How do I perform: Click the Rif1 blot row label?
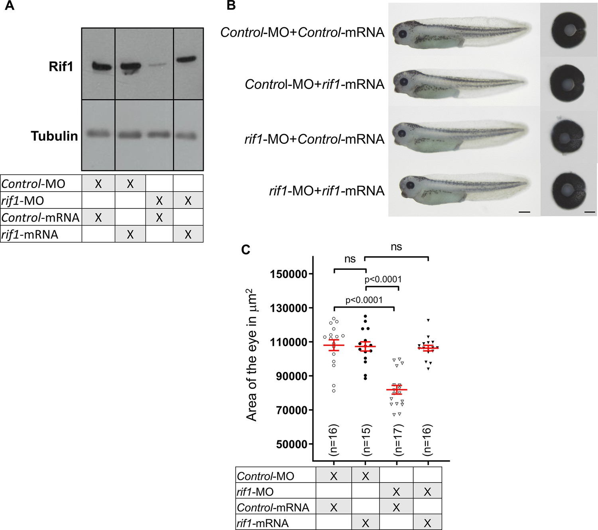(61, 66)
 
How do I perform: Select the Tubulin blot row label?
(55, 136)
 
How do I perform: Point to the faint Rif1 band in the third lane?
(159, 64)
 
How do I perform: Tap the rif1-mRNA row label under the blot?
(30, 235)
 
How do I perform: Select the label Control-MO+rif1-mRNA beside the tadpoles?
(315, 84)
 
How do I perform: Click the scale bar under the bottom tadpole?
(524, 212)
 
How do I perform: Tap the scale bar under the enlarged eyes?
(589, 212)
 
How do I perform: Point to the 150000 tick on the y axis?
(310, 274)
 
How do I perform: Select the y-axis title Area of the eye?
(251, 355)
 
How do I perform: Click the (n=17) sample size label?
(397, 440)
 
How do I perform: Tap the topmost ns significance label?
(396, 247)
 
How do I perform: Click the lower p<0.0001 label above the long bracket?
(364, 300)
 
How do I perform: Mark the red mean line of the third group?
(397, 389)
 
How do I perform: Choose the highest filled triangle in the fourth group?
(428, 320)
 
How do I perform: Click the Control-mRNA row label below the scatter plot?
(273, 507)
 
